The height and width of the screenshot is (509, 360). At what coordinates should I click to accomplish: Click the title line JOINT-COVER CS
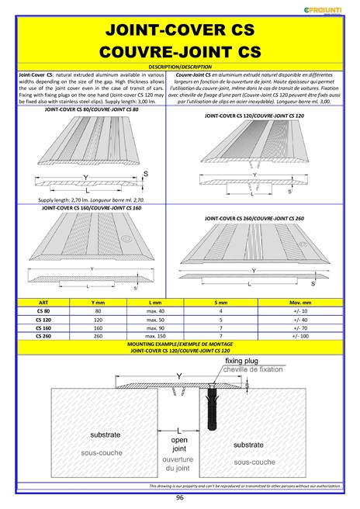coord(179,31)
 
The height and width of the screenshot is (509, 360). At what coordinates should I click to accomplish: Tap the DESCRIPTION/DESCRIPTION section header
coord(179,68)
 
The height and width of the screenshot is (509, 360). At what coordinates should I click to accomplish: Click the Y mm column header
coord(99,303)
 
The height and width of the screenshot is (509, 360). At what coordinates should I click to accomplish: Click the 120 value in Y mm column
coord(99,320)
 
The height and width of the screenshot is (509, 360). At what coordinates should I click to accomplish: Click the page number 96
coord(179,497)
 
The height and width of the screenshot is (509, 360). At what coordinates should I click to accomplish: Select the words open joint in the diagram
coord(179,443)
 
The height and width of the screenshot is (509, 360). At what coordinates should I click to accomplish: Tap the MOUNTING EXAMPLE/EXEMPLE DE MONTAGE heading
coord(179,344)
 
